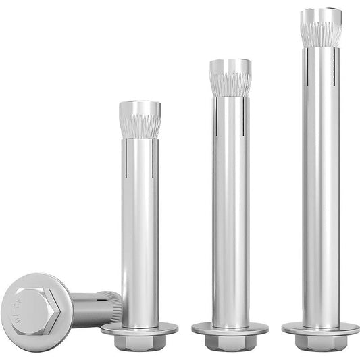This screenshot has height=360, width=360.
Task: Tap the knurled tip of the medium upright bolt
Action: (x=230, y=80)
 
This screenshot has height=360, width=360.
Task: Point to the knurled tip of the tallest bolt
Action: (x=321, y=30)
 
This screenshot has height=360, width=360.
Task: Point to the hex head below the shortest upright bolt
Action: (x=140, y=342)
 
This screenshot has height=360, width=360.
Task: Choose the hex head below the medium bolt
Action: (x=230, y=342)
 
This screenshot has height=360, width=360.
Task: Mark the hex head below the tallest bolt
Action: (x=321, y=342)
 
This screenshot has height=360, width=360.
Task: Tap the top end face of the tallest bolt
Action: (x=321, y=11)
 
